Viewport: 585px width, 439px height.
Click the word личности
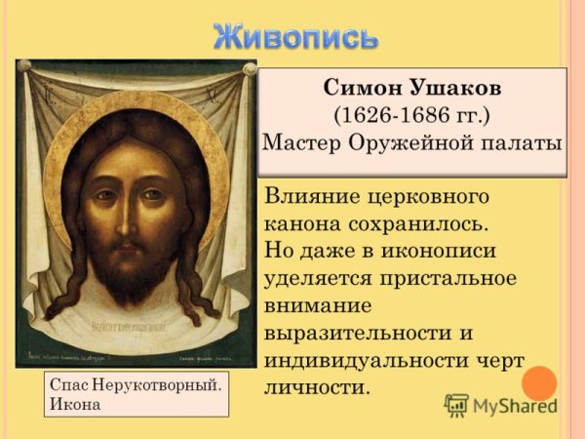[x=317, y=387]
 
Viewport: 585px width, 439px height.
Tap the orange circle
[x=539, y=381]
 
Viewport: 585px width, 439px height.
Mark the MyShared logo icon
[x=456, y=405]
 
